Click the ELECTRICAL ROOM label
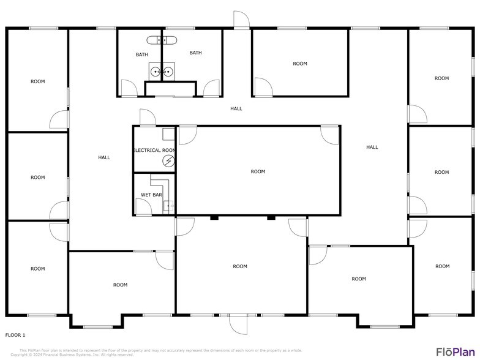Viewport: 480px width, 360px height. point(154,150)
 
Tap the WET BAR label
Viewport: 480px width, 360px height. point(151,195)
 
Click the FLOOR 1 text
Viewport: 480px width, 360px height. point(15,335)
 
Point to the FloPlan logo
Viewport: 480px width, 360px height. point(455,351)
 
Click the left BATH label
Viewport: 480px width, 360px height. point(141,54)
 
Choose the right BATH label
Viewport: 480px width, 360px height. point(195,53)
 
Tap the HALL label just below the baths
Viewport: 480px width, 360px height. point(236,108)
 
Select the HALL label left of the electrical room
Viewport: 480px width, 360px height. point(104,157)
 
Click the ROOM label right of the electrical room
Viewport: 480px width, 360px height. point(258,171)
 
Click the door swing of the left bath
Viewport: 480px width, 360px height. point(129,89)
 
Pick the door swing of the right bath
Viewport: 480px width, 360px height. point(211,89)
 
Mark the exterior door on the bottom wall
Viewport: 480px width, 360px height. point(238,323)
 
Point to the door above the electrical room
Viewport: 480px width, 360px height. point(147,117)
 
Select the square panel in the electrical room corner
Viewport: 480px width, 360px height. point(168,133)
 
